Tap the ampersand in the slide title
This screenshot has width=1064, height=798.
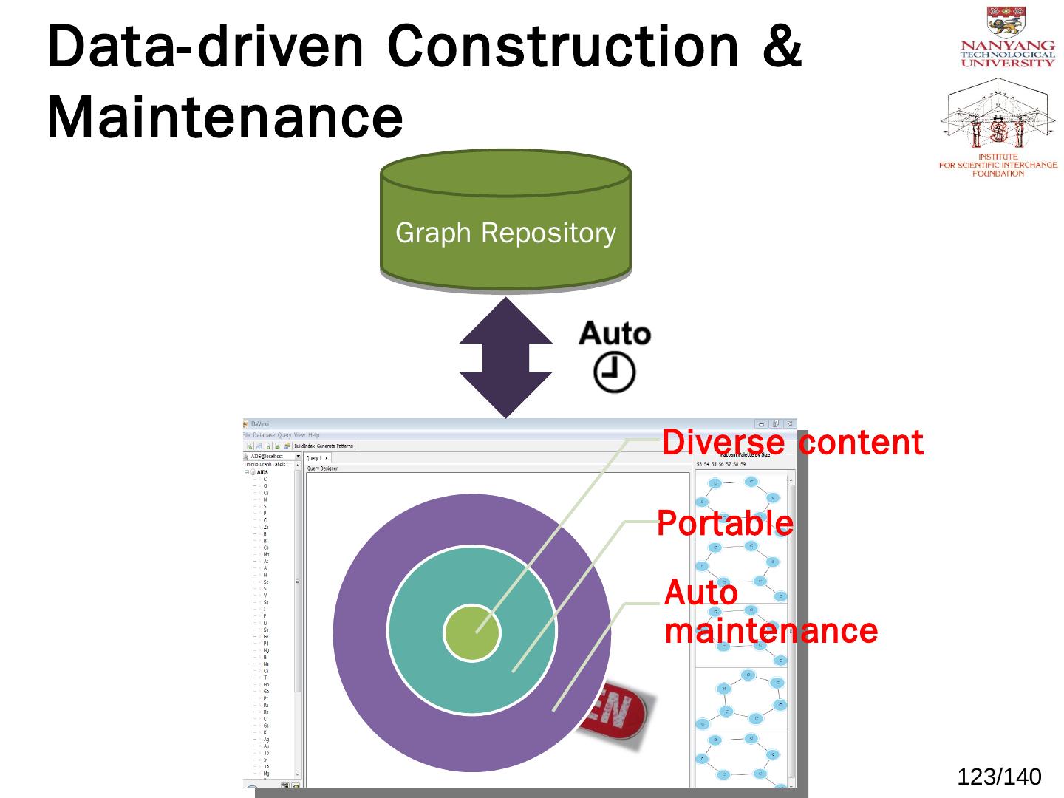pyautogui.click(x=783, y=46)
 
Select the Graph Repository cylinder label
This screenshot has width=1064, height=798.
pyautogui.click(x=505, y=233)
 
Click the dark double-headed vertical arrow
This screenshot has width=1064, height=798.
pyautogui.click(x=505, y=358)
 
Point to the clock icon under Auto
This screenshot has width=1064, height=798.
pyautogui.click(x=614, y=372)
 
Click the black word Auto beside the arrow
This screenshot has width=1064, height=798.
pyautogui.click(x=614, y=334)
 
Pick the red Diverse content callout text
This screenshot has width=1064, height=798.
pyautogui.click(x=792, y=443)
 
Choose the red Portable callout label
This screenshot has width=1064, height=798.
pyautogui.click(x=725, y=524)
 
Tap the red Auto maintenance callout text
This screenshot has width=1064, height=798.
pyautogui.click(x=770, y=613)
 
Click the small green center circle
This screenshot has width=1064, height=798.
pyautogui.click(x=471, y=632)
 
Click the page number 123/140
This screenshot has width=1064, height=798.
pyautogui.click(x=999, y=777)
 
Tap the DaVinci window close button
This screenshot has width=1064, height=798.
pyautogui.click(x=790, y=424)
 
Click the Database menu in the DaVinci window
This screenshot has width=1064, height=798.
pyautogui.click(x=264, y=435)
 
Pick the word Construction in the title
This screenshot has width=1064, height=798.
pyautogui.click(x=562, y=46)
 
